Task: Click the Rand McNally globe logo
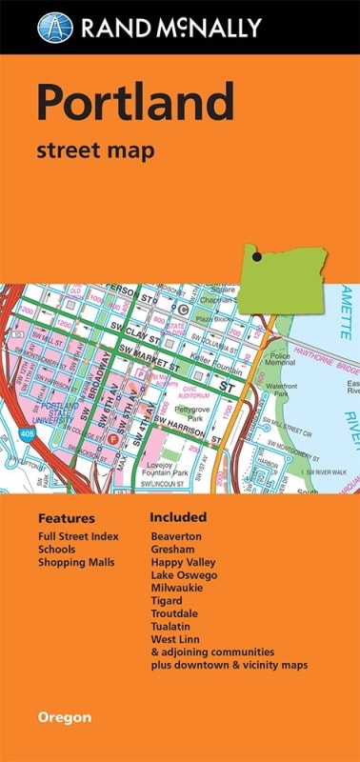click(55, 27)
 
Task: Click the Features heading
click(67, 519)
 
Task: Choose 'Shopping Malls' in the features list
click(76, 562)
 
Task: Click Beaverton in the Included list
click(176, 536)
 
